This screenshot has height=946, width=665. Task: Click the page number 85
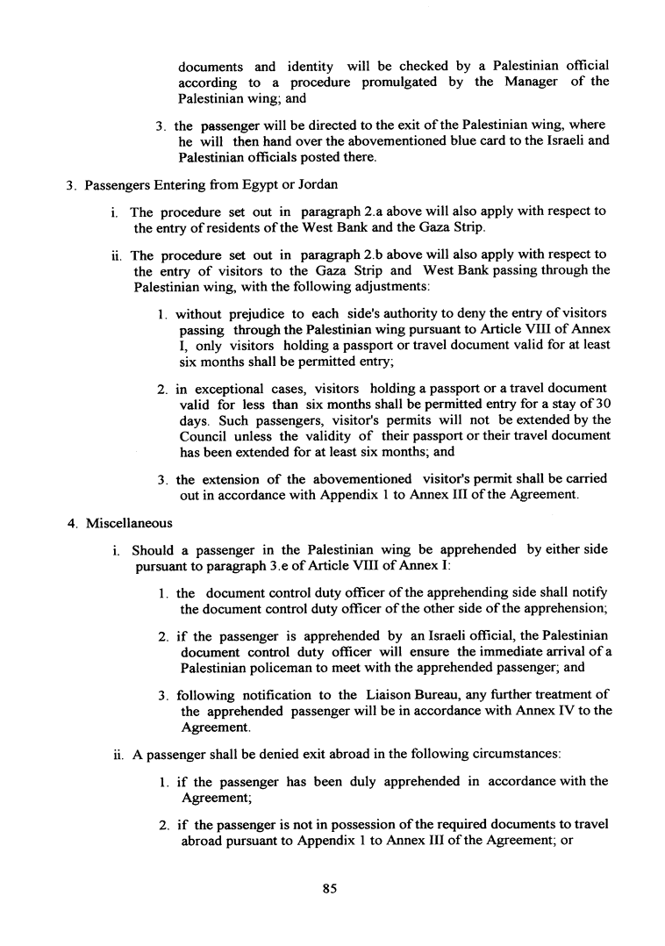click(x=330, y=888)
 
